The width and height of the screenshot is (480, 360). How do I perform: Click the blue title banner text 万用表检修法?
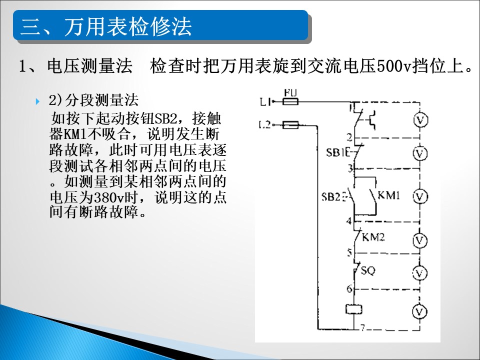127,26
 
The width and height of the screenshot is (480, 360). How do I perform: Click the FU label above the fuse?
290,92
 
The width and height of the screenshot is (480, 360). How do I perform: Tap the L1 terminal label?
265,101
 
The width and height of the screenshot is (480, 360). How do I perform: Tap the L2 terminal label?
265,124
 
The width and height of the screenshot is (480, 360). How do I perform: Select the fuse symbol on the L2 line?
290,125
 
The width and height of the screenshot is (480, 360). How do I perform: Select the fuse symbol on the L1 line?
290,101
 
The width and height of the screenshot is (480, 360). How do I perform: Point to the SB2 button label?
331,197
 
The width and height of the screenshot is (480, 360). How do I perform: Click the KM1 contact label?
389,195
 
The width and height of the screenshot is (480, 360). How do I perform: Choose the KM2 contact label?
373,237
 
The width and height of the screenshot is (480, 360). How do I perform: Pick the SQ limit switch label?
367,270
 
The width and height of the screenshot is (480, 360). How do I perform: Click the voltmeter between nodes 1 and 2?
420,120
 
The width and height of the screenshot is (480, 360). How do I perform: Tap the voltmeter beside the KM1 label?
420,197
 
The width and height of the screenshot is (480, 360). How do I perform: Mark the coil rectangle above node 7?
354,309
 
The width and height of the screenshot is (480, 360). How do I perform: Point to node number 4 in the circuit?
349,220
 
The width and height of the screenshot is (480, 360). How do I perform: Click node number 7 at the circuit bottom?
362,328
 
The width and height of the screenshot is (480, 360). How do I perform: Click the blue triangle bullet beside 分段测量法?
37,101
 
